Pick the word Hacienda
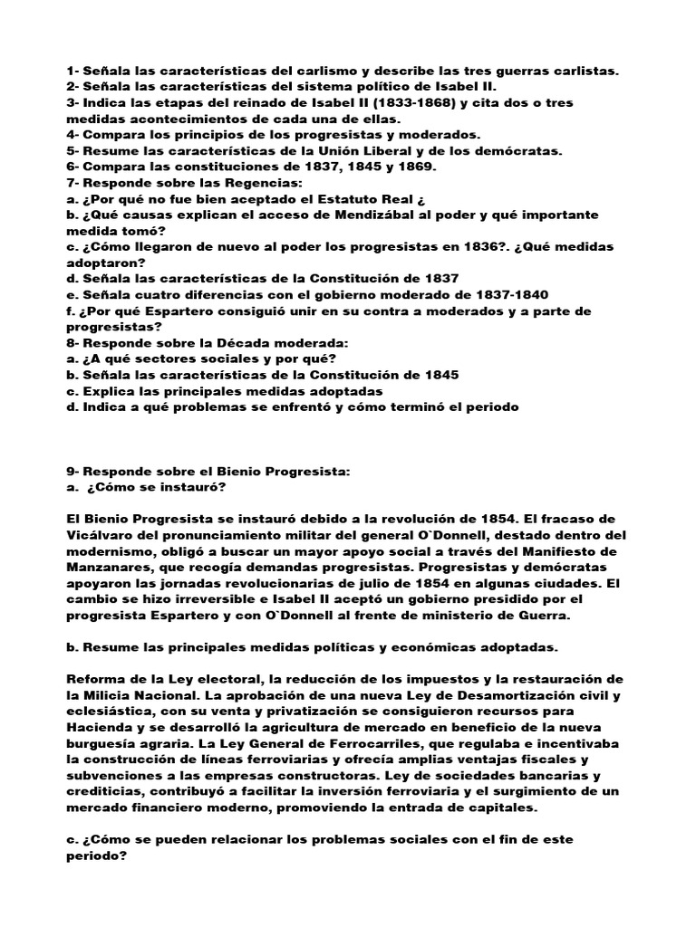coord(102,728)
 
